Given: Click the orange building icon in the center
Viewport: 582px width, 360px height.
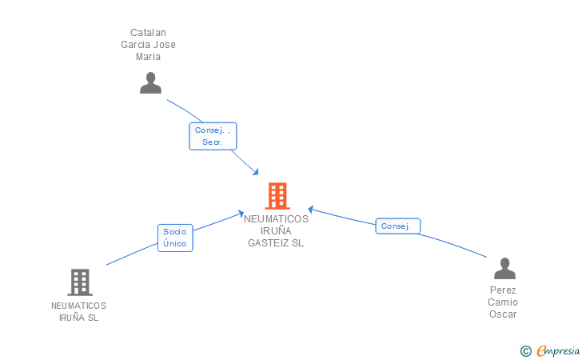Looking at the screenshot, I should point(277,196).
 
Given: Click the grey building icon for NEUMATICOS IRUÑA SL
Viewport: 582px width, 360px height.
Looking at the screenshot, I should point(79,282).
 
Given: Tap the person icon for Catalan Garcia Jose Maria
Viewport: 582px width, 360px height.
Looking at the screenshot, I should point(150,82).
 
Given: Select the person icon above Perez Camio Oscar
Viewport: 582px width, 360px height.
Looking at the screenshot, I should point(504,268).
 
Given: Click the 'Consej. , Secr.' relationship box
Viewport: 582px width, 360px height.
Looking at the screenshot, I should point(213,136).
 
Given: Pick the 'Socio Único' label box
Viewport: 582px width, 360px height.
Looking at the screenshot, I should point(174,238).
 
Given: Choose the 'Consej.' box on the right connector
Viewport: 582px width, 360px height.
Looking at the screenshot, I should point(397,226).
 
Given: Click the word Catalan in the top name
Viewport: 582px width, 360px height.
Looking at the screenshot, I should point(149,33).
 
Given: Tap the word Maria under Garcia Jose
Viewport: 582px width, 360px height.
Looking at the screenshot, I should point(149,57).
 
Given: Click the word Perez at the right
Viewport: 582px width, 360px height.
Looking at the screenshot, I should point(504,290).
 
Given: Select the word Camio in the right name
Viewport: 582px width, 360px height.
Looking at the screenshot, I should point(504,302).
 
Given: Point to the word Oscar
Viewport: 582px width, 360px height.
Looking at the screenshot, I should point(504,314).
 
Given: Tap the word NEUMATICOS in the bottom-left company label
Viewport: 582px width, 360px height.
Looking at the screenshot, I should point(78,306).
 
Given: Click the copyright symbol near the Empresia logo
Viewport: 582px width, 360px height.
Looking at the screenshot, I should point(525,350).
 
